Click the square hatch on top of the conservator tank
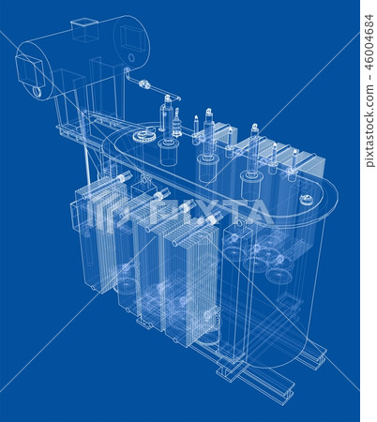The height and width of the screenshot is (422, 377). point(85,31)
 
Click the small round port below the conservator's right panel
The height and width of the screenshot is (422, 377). point(130,58)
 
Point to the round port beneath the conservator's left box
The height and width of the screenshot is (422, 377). point(37,92)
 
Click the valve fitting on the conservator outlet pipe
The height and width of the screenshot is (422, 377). point(144,86)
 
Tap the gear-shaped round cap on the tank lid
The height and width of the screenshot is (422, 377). point(143,137)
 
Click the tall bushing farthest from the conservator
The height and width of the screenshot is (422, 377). point(253,150)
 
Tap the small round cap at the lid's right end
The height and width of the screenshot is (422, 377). point(306,200)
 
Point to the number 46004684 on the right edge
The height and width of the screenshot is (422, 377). point(369,89)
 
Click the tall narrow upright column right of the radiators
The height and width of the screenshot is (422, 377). point(232,291)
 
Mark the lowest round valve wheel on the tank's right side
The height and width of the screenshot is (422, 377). point(279,275)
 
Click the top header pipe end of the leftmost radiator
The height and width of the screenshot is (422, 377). point(123,177)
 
